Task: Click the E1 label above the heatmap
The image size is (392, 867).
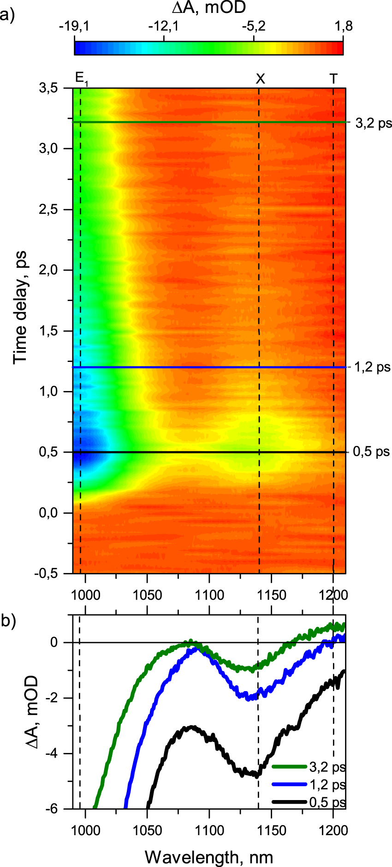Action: (81, 79)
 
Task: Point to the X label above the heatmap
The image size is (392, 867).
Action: (261, 79)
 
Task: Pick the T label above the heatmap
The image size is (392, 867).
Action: (333, 79)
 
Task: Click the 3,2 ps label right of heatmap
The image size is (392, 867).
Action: (373, 123)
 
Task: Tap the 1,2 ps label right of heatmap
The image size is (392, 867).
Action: (372, 367)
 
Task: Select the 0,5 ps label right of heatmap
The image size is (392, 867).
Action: (371, 452)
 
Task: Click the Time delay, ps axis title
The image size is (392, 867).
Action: (20, 307)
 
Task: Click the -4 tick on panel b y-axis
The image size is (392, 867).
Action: (58, 753)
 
